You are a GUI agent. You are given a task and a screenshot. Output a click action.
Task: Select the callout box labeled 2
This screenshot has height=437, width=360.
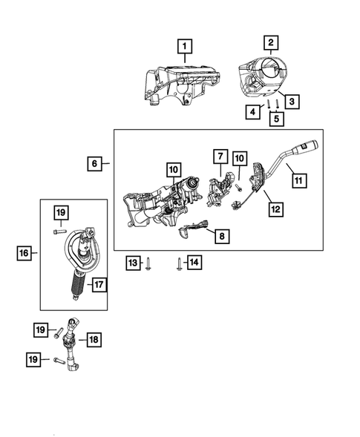click(272, 42)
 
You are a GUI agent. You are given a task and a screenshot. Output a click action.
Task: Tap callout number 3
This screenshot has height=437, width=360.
click(292, 101)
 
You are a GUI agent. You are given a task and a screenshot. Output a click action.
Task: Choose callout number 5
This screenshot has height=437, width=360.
click(276, 117)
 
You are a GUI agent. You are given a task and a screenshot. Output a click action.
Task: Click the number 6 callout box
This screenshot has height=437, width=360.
click(96, 162)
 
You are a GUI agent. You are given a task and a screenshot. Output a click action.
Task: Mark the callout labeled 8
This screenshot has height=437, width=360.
click(220, 236)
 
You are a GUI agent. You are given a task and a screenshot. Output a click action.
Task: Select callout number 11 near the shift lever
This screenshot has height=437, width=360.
click(299, 180)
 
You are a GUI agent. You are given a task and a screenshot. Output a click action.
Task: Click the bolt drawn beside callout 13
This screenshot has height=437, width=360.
click(150, 263)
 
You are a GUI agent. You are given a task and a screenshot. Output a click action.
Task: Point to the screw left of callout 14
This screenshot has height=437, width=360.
click(180, 263)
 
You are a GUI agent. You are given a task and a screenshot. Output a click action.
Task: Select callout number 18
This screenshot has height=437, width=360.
click(93, 340)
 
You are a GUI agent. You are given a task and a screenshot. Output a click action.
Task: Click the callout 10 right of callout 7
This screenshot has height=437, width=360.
click(239, 157)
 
